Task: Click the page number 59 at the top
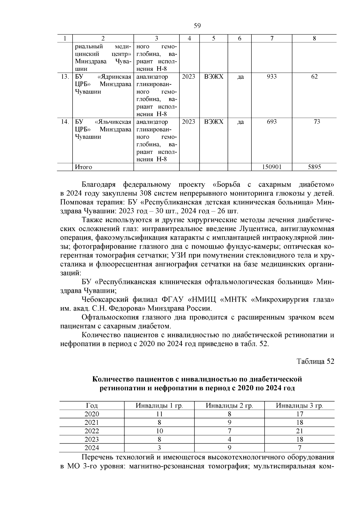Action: [x=197, y=26]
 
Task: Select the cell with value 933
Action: [x=271, y=77]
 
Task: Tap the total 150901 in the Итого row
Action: [x=271, y=167]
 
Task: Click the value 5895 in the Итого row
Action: [x=314, y=167]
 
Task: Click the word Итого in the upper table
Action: [x=83, y=167]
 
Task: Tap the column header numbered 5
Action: [x=214, y=38]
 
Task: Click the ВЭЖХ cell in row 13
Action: [x=214, y=77]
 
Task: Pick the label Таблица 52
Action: [x=315, y=361]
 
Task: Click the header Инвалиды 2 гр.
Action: [x=229, y=406]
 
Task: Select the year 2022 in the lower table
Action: [x=92, y=431]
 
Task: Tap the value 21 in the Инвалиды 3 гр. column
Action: [x=299, y=431]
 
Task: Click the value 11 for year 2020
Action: [x=159, y=414]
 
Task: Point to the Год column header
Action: [x=92, y=406]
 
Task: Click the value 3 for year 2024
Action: [x=159, y=448]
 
